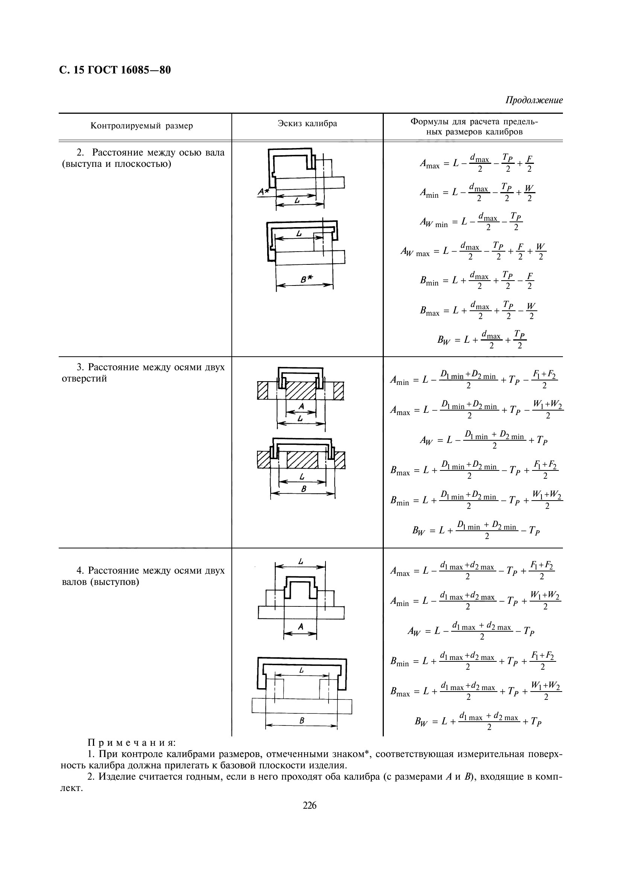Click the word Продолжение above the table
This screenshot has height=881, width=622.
point(534,101)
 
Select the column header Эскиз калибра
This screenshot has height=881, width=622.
point(307,124)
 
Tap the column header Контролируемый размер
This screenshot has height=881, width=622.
point(142,126)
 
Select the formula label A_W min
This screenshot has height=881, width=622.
point(433,223)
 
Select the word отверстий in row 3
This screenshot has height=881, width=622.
point(84,379)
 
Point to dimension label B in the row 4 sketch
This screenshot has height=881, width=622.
point(302,721)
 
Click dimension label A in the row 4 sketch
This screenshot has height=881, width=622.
point(301,627)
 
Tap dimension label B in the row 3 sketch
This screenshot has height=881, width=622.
point(304,489)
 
